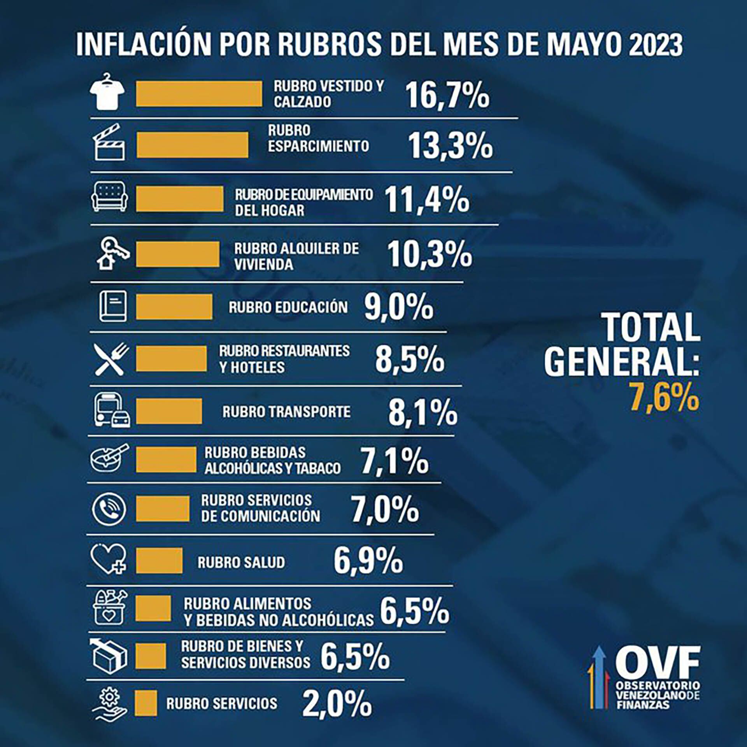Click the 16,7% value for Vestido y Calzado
click(x=447, y=95)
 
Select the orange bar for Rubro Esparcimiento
click(x=192, y=145)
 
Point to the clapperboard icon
click(x=109, y=143)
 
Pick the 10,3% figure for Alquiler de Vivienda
click(x=429, y=254)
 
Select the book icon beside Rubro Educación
click(x=113, y=306)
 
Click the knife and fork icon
click(x=111, y=359)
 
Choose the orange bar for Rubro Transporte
click(x=169, y=411)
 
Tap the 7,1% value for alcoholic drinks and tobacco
click(x=395, y=461)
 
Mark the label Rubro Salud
click(x=241, y=562)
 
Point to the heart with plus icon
click(x=109, y=559)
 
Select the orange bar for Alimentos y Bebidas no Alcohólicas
click(x=153, y=608)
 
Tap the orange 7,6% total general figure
click(x=665, y=397)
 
